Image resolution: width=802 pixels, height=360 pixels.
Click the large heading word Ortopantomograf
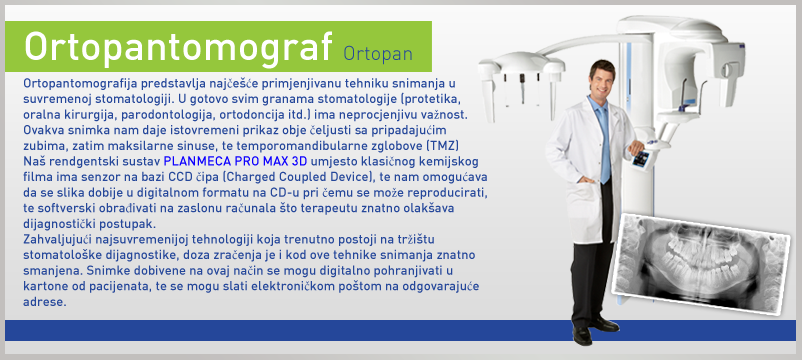[x=179, y=46]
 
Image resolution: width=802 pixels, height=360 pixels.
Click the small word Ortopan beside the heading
[x=378, y=53]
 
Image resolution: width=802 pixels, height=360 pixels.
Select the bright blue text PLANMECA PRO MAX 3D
[x=235, y=162]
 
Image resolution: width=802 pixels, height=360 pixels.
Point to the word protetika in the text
[x=430, y=99]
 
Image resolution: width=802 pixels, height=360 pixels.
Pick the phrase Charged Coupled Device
[x=297, y=178]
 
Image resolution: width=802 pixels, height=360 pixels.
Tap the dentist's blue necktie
[x=604, y=143]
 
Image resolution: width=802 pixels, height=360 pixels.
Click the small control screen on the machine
[x=640, y=159]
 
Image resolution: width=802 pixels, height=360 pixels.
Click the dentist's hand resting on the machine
[x=636, y=147]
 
